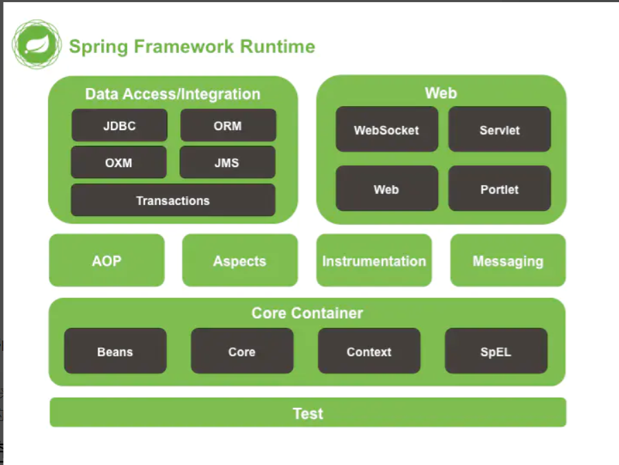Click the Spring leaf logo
36,45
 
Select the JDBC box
120,125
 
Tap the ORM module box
228,125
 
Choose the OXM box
119,162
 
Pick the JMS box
228,162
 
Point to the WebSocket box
387,129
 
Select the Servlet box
499,129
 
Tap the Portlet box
499,188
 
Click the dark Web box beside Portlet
387,188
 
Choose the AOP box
107,260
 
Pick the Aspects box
240,260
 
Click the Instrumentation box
374,260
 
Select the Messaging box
508,260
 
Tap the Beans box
116,351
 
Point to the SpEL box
496,351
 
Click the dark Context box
369,351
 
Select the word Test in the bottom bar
308,413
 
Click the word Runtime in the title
278,46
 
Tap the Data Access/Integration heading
173,94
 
